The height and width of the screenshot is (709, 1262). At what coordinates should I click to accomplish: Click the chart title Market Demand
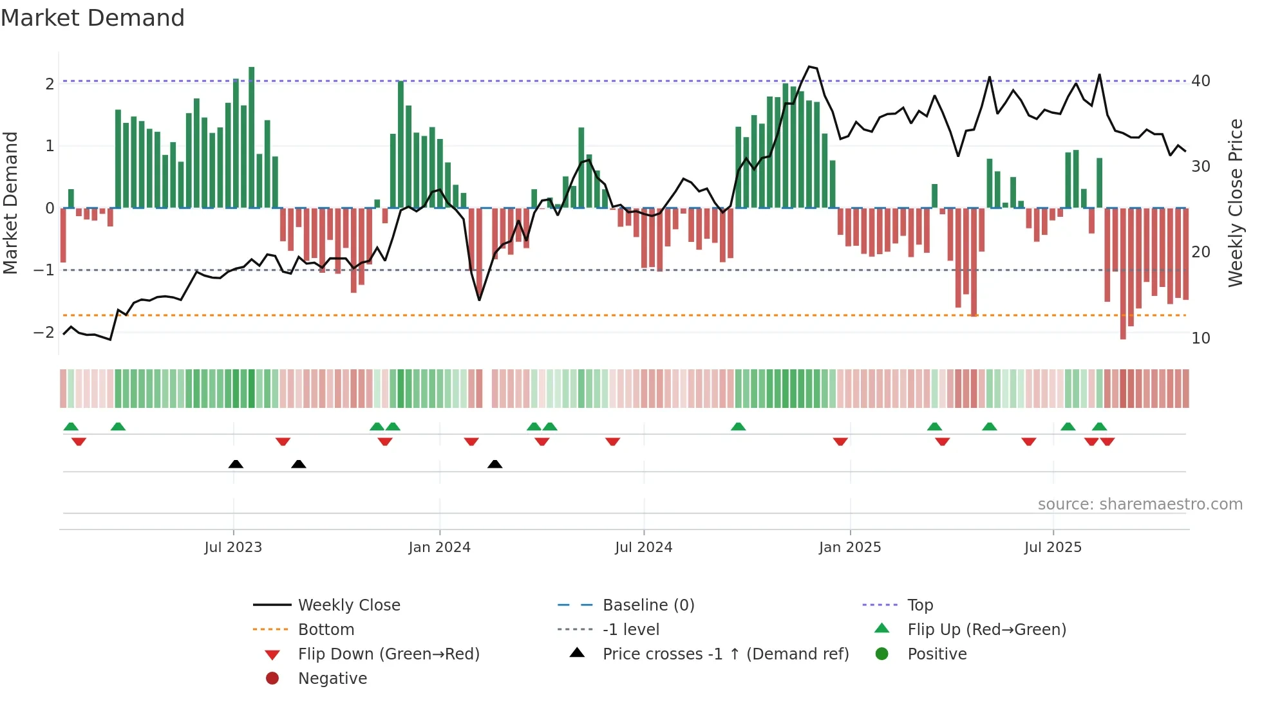(x=93, y=18)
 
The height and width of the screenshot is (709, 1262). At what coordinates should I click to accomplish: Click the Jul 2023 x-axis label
(x=233, y=548)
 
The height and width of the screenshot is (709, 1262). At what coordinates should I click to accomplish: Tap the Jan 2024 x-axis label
(x=439, y=548)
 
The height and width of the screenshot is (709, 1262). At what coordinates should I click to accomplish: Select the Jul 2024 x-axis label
(x=643, y=548)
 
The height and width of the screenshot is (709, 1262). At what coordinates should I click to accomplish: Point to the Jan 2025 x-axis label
(x=849, y=548)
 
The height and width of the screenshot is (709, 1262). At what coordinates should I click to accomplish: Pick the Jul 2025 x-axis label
(x=1053, y=548)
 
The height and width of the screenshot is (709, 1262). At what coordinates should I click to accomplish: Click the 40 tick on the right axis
(x=1200, y=81)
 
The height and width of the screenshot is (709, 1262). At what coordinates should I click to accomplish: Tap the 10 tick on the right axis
(x=1200, y=338)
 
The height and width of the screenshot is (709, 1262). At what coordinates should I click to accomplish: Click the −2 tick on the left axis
(x=44, y=333)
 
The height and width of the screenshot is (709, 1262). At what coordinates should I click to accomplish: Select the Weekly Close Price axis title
(x=1235, y=203)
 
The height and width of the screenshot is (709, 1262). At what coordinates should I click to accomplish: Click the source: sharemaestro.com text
(x=1140, y=504)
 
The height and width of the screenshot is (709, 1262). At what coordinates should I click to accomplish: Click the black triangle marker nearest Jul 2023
(x=236, y=464)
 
